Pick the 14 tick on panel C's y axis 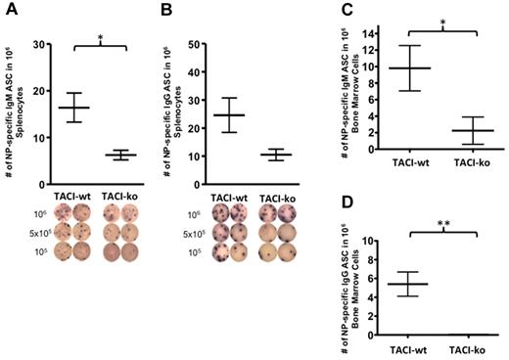[367, 33]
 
